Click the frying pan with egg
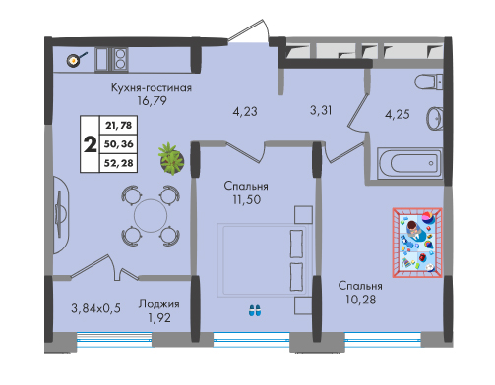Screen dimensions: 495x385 tap(75, 60)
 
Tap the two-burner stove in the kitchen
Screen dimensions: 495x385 tap(120, 59)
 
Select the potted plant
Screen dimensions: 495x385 tap(171, 159)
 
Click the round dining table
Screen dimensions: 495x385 tap(151, 215)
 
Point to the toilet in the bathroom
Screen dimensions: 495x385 tap(428, 82)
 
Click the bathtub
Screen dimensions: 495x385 tap(410, 164)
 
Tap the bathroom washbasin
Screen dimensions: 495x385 tap(435, 118)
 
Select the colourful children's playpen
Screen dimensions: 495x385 tap(417, 243)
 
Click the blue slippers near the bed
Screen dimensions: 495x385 tap(255, 310)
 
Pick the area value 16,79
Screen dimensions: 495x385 tap(152, 100)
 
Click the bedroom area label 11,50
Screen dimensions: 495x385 tap(247, 199)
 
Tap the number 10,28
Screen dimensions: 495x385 tap(360, 300)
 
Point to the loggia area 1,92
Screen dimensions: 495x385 tap(159, 318)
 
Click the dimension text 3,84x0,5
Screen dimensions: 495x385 tap(95, 308)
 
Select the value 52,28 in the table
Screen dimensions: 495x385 tap(118, 162)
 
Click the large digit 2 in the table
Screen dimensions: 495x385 tap(91, 144)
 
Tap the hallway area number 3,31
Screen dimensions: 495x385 tap(321, 110)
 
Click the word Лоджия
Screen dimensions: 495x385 tap(158, 303)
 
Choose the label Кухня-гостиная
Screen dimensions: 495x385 tap(152, 87)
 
